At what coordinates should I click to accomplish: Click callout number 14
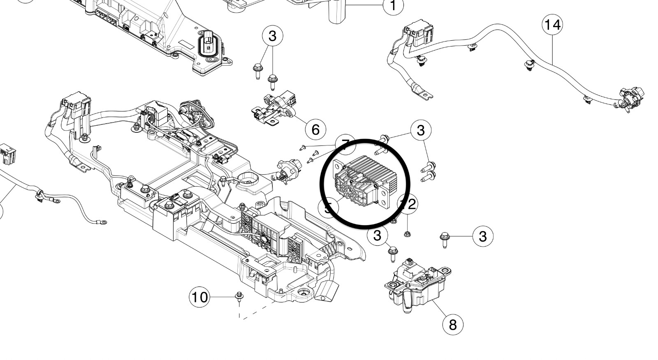[x=552, y=25]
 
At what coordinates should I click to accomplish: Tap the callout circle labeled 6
[x=315, y=129]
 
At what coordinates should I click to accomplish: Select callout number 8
[x=453, y=325]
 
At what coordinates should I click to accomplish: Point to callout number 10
[x=199, y=297]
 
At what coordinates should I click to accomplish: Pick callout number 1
[x=393, y=6]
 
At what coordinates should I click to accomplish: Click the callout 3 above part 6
[x=273, y=36]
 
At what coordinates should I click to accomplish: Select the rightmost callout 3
[x=483, y=236]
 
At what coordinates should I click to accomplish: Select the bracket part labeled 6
[x=273, y=109]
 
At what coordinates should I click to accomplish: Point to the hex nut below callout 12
[x=407, y=234]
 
